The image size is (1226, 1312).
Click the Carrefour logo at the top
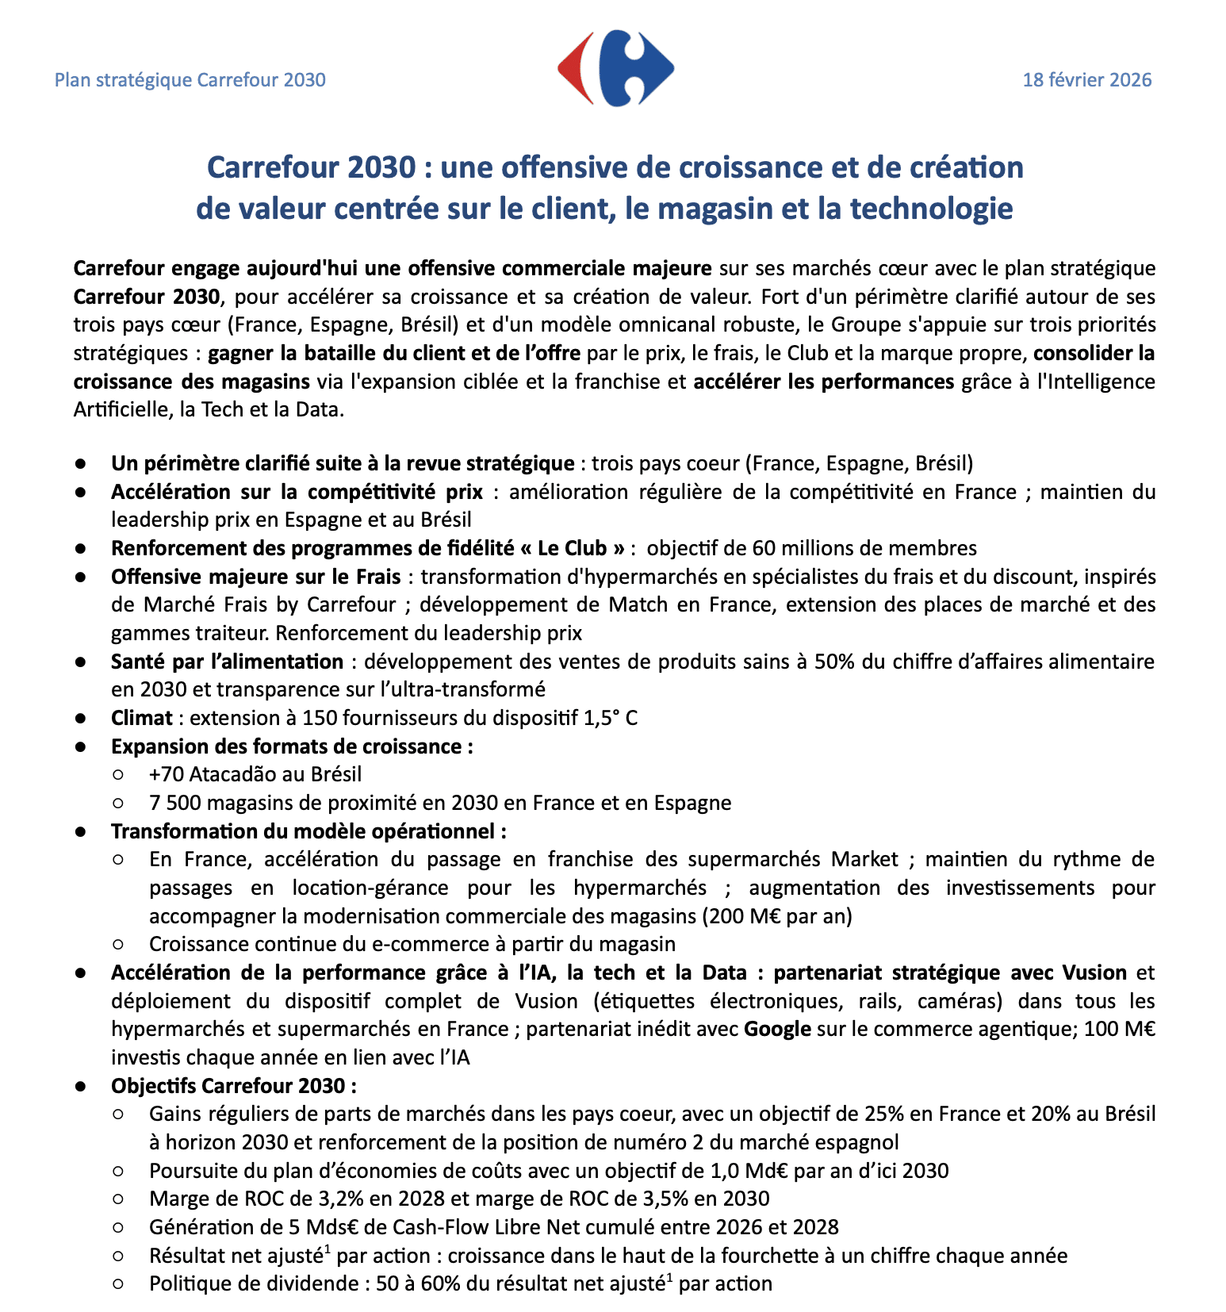(x=615, y=69)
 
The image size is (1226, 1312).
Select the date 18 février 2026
(x=1086, y=80)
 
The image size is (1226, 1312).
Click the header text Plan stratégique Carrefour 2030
(x=190, y=80)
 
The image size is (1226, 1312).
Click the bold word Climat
(x=141, y=718)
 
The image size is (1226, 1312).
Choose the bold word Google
(x=777, y=1029)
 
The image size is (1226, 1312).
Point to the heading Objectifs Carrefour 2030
(x=233, y=1086)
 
